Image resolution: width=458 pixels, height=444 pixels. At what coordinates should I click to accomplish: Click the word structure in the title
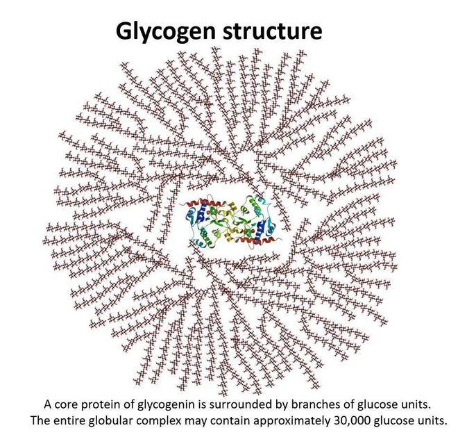coord(273,31)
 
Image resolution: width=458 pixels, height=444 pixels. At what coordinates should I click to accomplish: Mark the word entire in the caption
coord(69,420)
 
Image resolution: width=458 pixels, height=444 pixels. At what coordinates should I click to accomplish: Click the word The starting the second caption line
coord(40,420)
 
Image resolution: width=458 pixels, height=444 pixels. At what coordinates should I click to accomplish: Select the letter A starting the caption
coord(48,404)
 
